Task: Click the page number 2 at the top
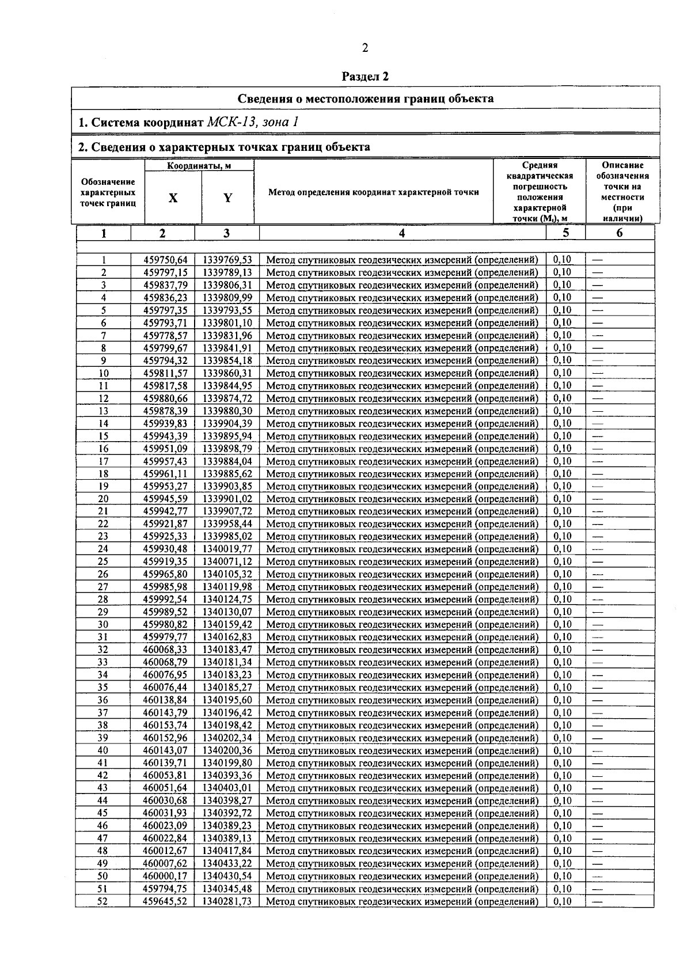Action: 364,48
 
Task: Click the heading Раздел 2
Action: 365,76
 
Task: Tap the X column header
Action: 173,198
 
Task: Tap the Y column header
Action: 227,198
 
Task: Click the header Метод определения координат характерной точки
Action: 374,192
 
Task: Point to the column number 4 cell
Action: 402,233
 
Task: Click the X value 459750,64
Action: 165,260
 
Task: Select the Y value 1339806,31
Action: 227,285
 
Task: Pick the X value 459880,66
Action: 165,398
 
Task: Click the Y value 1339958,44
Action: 227,524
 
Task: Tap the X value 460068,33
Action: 165,650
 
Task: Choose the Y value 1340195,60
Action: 227,700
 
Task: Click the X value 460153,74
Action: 165,726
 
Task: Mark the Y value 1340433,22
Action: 227,864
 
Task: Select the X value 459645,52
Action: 165,901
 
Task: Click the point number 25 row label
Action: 103,561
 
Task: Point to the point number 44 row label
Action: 103,801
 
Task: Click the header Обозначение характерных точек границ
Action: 108,192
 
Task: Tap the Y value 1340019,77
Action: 227,549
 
